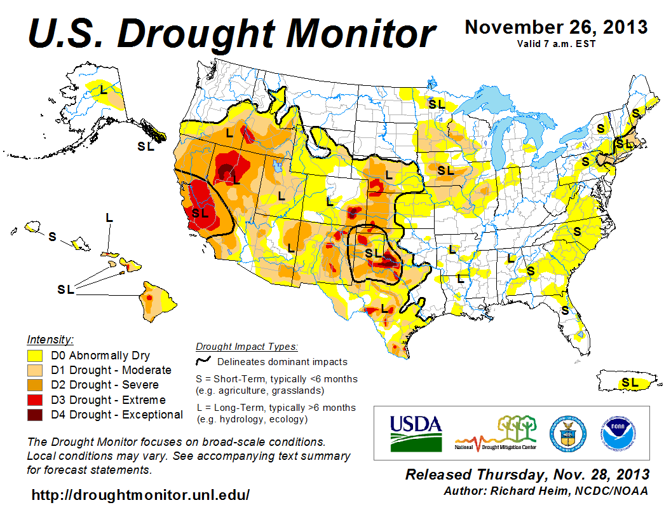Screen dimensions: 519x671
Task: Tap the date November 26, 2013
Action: pyautogui.click(x=556, y=27)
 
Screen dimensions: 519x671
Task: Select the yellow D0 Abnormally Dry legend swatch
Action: pyautogui.click(x=35, y=356)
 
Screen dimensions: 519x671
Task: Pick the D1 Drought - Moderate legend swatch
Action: pyautogui.click(x=35, y=370)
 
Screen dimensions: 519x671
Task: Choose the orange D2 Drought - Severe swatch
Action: pyautogui.click(x=35, y=385)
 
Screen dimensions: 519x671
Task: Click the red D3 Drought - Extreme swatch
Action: pyautogui.click(x=35, y=400)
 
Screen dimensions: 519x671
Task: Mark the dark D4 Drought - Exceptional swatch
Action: pyautogui.click(x=35, y=415)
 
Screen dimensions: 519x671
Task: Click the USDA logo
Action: pyautogui.click(x=415, y=432)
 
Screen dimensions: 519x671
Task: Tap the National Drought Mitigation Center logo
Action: pyautogui.click(x=496, y=432)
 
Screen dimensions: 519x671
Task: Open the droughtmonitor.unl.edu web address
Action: pyautogui.click(x=140, y=495)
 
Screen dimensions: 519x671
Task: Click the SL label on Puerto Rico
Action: pyautogui.click(x=630, y=382)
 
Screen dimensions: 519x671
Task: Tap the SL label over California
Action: pyautogui.click(x=200, y=213)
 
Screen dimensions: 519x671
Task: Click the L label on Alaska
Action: pyautogui.click(x=103, y=90)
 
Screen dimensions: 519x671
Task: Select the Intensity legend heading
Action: pyautogui.click(x=50, y=340)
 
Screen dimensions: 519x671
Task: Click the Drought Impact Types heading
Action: pyautogui.click(x=247, y=347)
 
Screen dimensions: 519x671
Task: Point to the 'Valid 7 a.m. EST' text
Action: pyautogui.click(x=556, y=43)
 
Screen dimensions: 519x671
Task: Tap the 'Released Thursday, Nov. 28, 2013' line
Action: pyautogui.click(x=527, y=475)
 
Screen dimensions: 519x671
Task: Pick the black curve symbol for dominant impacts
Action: pyautogui.click(x=203, y=361)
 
